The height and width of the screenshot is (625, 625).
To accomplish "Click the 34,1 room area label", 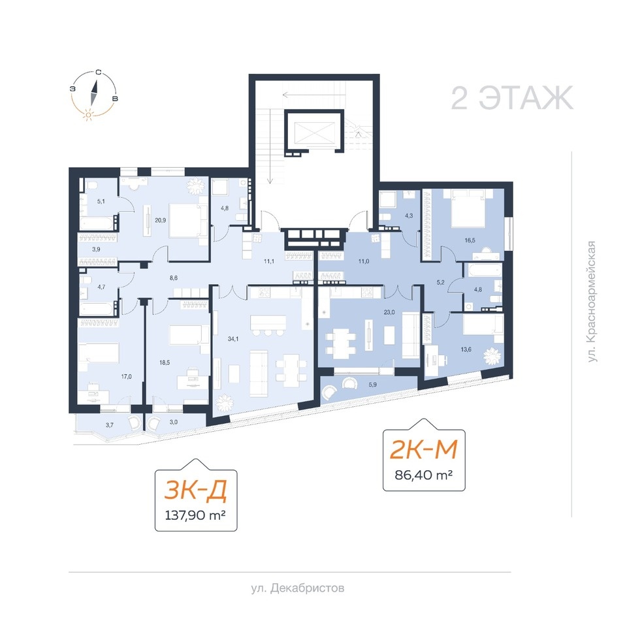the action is tap(233, 339).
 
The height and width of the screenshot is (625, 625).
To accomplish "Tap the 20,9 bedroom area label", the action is tap(160, 220).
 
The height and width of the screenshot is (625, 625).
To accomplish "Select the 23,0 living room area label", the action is tap(389, 312).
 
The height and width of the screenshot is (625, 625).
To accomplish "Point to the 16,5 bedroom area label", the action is tap(470, 240).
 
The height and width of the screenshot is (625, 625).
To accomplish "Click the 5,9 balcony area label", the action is tap(373, 385).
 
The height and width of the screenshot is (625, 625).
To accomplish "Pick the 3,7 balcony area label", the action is tap(110, 425).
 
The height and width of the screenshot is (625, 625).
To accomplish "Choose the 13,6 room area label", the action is tap(466, 349).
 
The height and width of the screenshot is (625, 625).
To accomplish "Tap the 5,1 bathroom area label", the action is tap(101, 202).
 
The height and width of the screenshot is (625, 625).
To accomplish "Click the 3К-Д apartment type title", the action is tap(196, 490).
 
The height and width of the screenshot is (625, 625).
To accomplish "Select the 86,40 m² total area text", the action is tap(424, 475).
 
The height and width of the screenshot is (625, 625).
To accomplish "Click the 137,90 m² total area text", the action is tap(196, 515).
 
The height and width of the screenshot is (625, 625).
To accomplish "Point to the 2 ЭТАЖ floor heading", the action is tap(512, 98).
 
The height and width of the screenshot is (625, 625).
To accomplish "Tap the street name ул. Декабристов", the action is tap(298, 588).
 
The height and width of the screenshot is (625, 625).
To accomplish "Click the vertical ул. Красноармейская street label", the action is tap(592, 302).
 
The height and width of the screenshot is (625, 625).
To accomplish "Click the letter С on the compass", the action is tap(98, 72).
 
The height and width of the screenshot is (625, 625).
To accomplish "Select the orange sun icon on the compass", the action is tap(88, 115).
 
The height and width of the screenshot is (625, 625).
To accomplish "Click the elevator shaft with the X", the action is tap(313, 131).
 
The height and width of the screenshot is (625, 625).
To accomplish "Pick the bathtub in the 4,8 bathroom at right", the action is tap(485, 270).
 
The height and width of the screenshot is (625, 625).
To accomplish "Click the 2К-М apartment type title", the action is tap(424, 449).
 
